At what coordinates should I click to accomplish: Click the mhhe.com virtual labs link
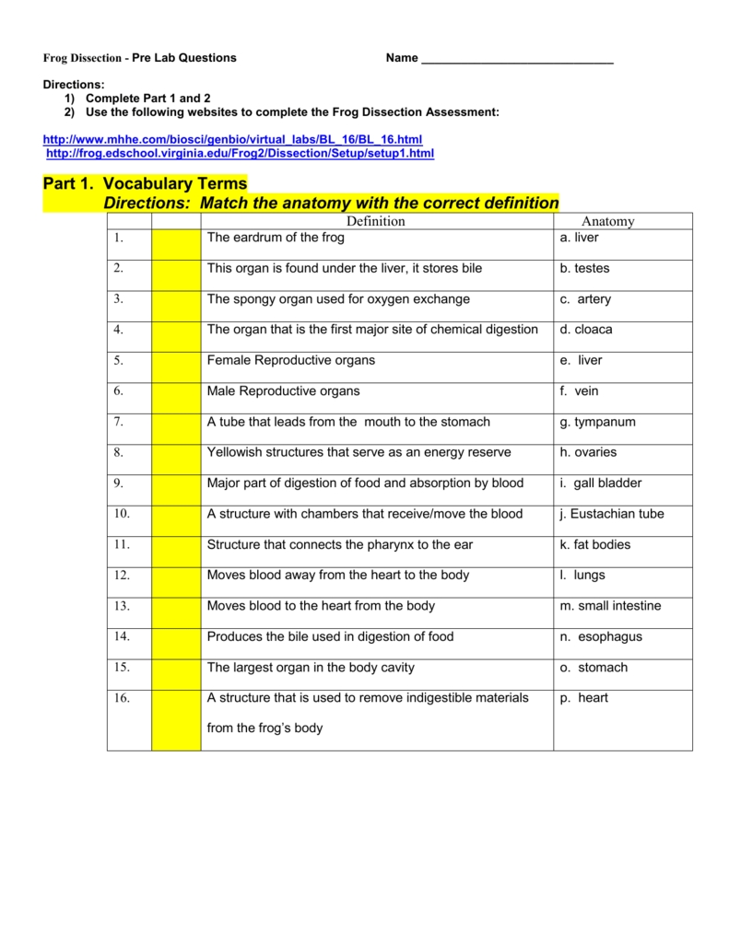(x=232, y=138)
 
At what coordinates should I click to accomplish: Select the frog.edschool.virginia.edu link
(x=240, y=153)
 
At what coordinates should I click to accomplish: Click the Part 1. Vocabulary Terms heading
(x=146, y=184)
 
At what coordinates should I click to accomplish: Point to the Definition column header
(x=376, y=221)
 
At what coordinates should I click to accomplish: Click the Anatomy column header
(x=608, y=221)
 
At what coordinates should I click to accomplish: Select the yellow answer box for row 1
(x=176, y=244)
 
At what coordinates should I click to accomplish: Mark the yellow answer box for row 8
(x=176, y=459)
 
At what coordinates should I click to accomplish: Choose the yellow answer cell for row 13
(x=176, y=612)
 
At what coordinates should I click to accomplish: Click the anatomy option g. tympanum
(x=597, y=422)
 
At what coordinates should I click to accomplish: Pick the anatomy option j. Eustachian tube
(x=611, y=514)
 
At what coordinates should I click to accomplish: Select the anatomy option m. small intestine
(x=610, y=606)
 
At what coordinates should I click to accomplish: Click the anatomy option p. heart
(x=584, y=698)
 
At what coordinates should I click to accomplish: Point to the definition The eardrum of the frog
(x=276, y=238)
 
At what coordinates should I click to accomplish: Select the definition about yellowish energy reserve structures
(x=359, y=452)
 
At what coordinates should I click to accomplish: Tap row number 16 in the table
(x=123, y=698)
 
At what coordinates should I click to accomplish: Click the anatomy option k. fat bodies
(x=595, y=544)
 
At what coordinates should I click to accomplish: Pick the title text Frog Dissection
(x=83, y=58)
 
